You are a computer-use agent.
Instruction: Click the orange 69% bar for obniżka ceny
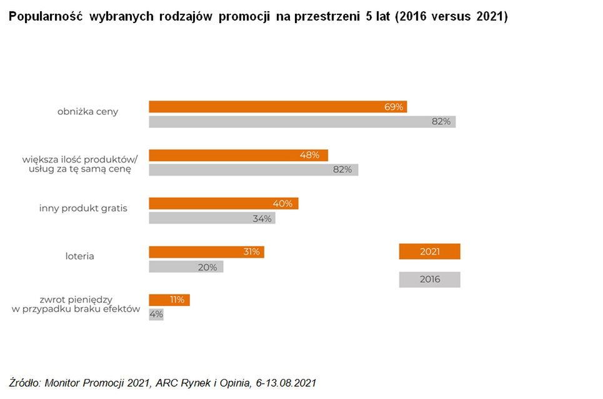coord(277,107)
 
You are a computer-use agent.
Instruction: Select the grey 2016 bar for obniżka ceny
coord(302,122)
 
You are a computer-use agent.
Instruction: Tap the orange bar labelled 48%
coord(238,155)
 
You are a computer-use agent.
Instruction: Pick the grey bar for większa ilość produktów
coord(253,169)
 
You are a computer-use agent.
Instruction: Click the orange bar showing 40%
coord(223,204)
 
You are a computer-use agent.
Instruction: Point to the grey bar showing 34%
coord(211,218)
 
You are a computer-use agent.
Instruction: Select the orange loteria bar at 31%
coord(206,252)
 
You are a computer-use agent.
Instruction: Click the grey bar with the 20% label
coord(186,267)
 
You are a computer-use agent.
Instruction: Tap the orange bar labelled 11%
coord(169,300)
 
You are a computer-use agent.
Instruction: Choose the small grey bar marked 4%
coord(156,314)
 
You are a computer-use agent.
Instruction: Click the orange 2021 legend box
coord(429,251)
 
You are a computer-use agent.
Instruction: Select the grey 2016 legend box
coord(429,279)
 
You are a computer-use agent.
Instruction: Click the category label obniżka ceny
coord(87,112)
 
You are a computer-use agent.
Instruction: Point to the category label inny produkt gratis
coord(83,208)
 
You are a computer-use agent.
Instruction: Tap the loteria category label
coord(79,256)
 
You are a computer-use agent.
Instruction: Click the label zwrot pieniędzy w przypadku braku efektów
coord(76,305)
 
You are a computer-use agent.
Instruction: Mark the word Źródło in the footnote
coord(26,382)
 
